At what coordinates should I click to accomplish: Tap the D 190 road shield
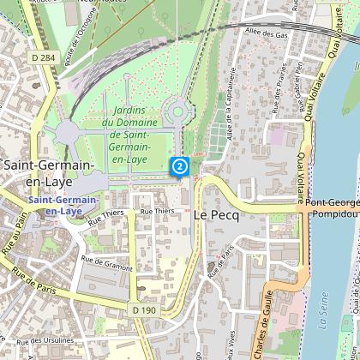coord(143,308)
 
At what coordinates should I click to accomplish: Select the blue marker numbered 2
coord(180,166)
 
